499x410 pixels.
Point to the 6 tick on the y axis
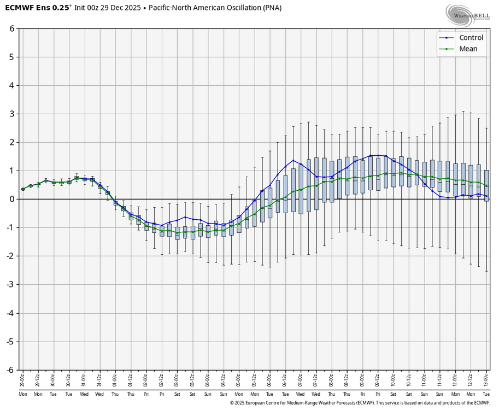coord(11,28)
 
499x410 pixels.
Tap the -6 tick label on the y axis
coord(10,370)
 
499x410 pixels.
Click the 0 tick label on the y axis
coord(11,199)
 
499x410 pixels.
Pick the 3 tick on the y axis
coord(11,114)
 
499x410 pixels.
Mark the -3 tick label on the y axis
coord(10,285)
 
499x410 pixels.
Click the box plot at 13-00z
coord(486,186)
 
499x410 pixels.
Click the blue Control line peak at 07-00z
coord(293,160)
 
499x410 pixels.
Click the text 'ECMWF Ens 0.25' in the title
coord(38,8)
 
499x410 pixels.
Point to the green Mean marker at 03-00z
coord(177,232)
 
